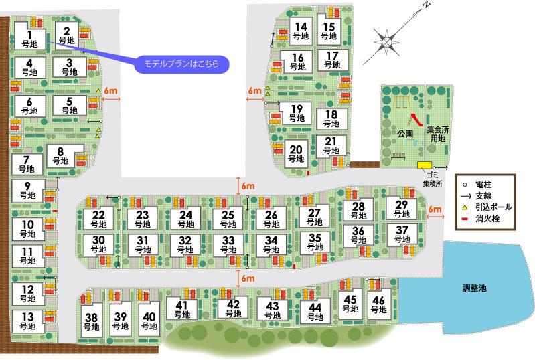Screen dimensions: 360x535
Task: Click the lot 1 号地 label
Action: pyautogui.click(x=29, y=37)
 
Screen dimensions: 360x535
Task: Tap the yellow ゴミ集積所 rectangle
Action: pyautogui.click(x=425, y=165)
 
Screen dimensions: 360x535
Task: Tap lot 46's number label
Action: pyautogui.click(x=380, y=304)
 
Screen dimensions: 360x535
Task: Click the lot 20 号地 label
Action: pyautogui.click(x=296, y=155)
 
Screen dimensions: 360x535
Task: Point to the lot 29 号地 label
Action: pyautogui.click(x=401, y=209)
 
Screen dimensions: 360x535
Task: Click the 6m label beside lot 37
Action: pyautogui.click(x=435, y=209)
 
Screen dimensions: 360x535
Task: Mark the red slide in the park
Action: pyautogui.click(x=414, y=120)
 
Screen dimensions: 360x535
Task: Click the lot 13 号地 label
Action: pyautogui.click(x=27, y=321)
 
